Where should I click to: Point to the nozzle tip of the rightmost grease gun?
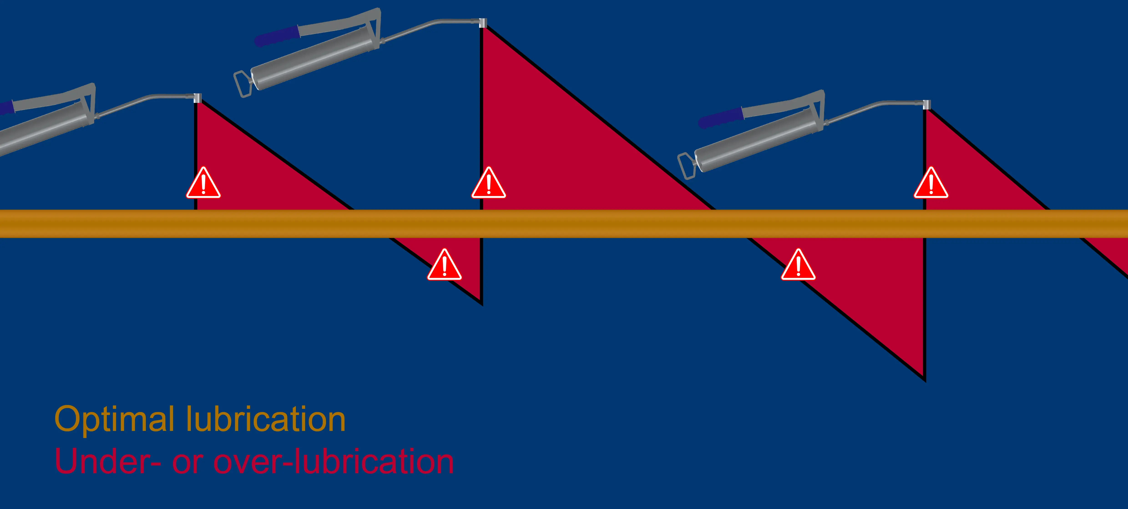[x=927, y=105]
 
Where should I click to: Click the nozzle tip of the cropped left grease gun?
[x=197, y=98]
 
